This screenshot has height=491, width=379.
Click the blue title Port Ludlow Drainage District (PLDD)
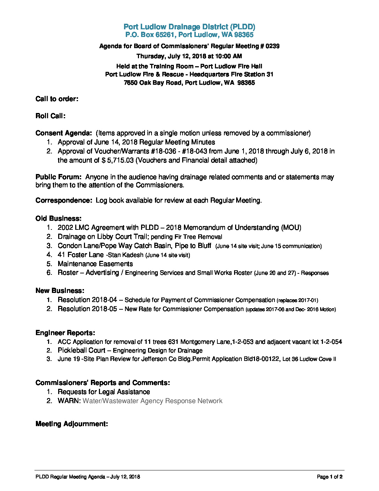189,27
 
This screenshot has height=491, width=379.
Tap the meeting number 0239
272,46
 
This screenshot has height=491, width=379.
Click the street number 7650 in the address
131,83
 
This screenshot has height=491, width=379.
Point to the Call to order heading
57,99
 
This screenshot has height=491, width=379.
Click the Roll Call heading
51,116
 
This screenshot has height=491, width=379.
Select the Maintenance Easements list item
95,264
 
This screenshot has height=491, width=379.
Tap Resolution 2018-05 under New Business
87,309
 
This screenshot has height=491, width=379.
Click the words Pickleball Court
82,350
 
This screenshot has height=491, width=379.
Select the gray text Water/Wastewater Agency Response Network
152,401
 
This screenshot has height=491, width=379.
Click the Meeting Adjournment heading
71,424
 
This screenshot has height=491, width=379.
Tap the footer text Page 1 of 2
330,477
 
